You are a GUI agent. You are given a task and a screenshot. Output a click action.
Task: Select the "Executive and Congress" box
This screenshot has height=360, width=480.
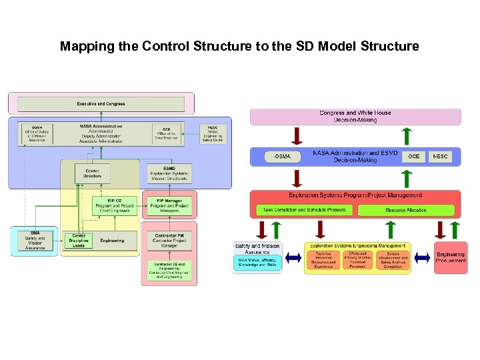[100, 104]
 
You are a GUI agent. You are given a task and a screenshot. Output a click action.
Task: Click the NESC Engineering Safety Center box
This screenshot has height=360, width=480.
[213, 133]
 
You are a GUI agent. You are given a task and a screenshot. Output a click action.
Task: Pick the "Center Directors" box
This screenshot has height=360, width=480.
[93, 173]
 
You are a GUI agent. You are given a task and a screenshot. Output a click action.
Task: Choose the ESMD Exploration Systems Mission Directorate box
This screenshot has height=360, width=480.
[170, 173]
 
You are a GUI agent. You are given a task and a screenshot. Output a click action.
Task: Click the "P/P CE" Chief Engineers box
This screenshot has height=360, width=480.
[115, 205]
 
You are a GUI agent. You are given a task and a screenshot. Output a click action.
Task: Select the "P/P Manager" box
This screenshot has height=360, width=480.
[169, 205]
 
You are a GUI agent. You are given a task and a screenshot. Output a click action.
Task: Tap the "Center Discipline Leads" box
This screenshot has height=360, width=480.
[79, 241]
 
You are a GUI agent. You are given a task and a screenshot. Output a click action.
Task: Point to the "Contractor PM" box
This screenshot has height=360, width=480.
[169, 240]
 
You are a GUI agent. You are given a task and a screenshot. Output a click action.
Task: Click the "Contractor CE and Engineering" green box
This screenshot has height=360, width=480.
[169, 270]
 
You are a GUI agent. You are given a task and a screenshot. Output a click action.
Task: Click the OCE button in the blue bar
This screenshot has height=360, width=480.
[414, 157]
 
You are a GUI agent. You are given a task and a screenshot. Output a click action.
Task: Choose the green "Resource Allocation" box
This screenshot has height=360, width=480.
[405, 210]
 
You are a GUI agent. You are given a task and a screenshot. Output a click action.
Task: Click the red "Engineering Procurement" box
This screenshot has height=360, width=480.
[451, 257]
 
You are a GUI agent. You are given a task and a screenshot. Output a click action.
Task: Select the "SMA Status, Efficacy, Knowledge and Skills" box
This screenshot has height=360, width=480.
[258, 264]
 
